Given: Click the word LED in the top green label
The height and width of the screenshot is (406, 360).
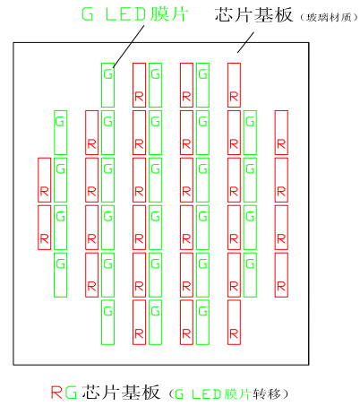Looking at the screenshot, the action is (x=125, y=14).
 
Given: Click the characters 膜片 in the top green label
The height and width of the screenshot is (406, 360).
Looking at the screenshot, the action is (x=169, y=14).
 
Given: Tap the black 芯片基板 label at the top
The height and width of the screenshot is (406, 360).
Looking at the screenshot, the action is (x=253, y=14).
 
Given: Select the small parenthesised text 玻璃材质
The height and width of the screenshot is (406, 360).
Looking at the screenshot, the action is (x=329, y=17).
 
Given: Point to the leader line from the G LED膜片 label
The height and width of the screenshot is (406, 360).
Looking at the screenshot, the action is (x=129, y=47).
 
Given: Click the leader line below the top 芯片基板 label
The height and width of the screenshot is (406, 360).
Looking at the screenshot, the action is (x=245, y=42).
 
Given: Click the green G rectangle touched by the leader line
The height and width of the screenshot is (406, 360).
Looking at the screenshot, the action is (x=107, y=85).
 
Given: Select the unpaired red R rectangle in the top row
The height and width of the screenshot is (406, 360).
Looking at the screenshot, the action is (x=234, y=85).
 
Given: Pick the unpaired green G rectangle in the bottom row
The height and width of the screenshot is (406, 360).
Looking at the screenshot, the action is (x=107, y=323).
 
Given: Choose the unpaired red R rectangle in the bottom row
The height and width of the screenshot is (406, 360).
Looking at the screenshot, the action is (x=234, y=323).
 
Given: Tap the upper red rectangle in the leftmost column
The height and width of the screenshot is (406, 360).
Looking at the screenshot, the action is (x=45, y=180).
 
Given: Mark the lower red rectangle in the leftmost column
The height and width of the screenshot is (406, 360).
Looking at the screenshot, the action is (x=45, y=228).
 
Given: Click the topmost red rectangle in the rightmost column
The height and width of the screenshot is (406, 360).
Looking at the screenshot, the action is (x=281, y=133).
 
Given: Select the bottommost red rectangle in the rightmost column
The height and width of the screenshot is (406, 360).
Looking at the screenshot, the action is (x=281, y=275).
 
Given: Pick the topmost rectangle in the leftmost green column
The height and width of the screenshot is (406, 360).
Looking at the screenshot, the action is (x=60, y=133).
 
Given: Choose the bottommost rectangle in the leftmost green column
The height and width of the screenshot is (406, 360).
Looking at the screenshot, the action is (x=60, y=275).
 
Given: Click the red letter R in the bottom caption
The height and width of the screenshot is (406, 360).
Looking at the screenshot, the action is (x=56, y=393).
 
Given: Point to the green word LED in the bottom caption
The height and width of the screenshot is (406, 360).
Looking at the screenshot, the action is (x=206, y=394).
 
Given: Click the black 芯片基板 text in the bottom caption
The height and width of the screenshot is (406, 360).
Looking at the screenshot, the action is (x=121, y=393).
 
